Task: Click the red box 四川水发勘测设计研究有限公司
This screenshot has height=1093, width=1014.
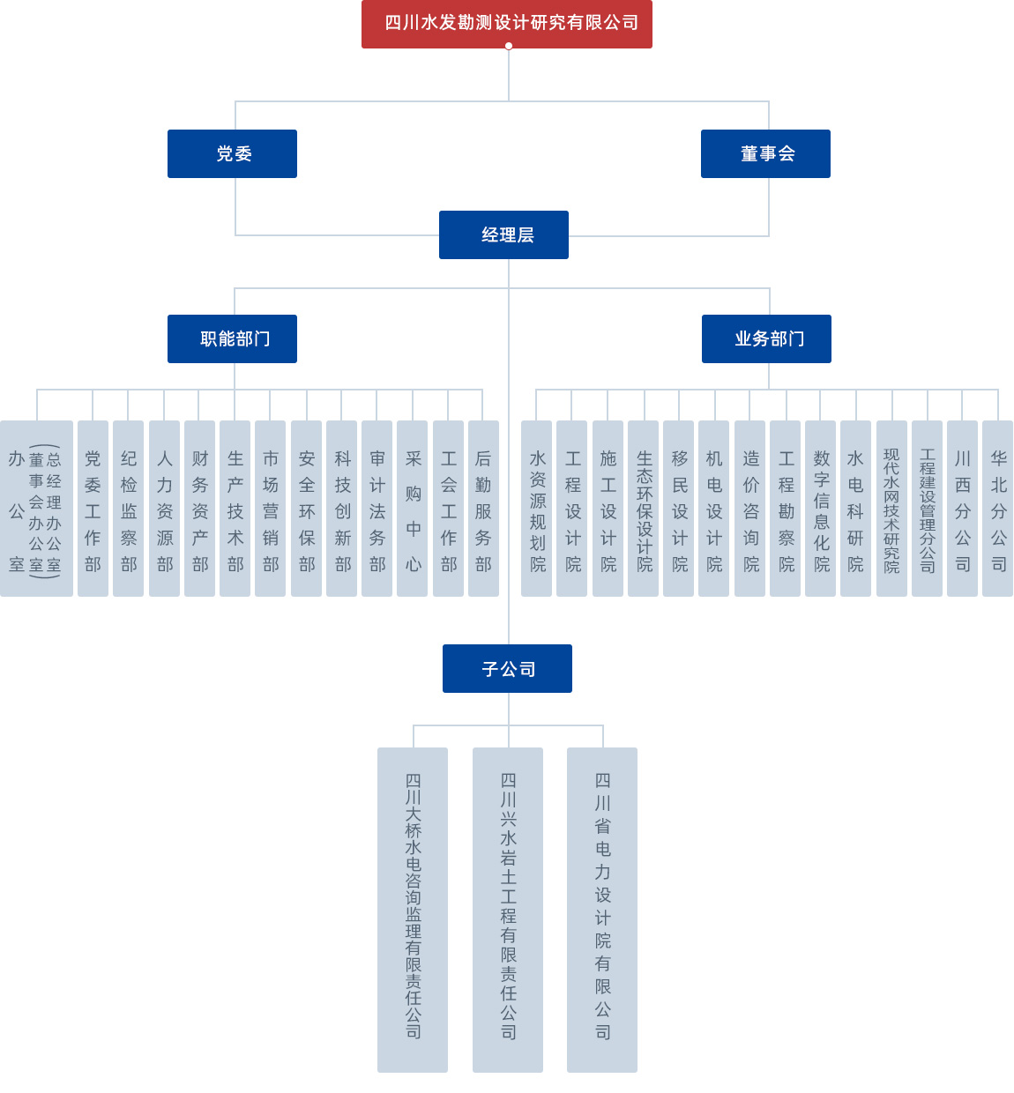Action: (x=506, y=23)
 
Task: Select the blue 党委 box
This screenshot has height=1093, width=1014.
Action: (x=232, y=153)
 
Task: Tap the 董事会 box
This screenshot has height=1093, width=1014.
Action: (x=765, y=153)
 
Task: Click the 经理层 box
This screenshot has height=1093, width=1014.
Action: (x=503, y=234)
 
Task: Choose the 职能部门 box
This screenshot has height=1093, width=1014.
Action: (x=232, y=338)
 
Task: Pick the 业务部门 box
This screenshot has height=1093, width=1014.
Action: (x=766, y=338)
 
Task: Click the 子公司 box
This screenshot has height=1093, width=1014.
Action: (x=507, y=668)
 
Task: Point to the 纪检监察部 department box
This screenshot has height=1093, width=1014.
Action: (x=129, y=509)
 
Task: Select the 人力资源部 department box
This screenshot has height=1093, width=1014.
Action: (x=164, y=509)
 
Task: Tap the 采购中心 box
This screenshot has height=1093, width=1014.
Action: (x=413, y=509)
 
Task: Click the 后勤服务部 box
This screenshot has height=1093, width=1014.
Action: (x=483, y=509)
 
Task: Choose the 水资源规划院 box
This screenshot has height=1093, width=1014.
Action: (x=536, y=509)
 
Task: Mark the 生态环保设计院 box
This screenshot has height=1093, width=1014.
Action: (x=644, y=509)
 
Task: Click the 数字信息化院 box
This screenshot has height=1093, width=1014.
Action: (x=820, y=509)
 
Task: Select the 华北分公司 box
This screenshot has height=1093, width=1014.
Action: (x=997, y=509)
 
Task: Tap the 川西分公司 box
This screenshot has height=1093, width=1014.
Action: (x=962, y=509)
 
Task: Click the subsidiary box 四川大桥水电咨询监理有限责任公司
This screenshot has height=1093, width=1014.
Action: (x=413, y=910)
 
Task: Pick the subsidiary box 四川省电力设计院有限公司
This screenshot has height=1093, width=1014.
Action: (x=602, y=910)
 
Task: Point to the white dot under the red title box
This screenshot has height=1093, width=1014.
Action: (x=509, y=46)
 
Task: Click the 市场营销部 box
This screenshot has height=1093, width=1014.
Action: (x=270, y=509)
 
